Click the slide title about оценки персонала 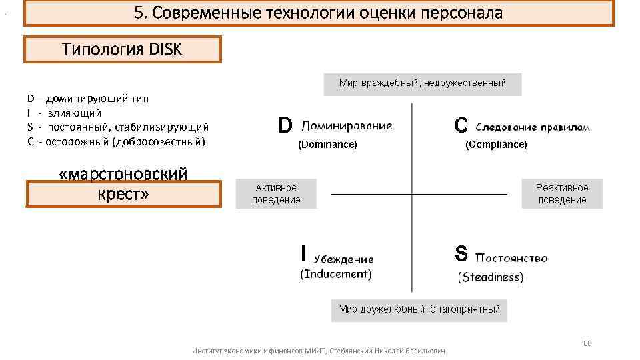319,13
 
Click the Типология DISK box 122,49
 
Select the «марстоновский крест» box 123,185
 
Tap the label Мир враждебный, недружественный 422,83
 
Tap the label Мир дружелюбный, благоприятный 419,309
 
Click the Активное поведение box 276,194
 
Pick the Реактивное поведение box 561,194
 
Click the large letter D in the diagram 285,125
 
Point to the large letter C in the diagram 461,125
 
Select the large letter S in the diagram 461,254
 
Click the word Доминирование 347,125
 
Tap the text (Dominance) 327,144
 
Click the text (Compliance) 496,144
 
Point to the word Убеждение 344,259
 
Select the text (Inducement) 336,274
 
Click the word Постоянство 511,258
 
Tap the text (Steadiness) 491,277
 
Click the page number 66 587,343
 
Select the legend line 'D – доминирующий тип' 88,99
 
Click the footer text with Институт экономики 318,351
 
